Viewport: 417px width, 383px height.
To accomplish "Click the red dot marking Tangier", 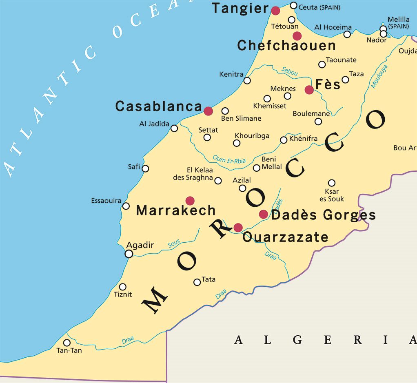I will coord(276,10).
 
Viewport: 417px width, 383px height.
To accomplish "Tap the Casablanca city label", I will coord(159,106).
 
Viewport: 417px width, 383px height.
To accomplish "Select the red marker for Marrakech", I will coord(190,200).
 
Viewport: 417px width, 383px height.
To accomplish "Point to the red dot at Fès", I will coord(309,90).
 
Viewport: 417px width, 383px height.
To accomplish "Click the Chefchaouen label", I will coord(286,46).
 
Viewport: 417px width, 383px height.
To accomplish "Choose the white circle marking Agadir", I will coord(129,254).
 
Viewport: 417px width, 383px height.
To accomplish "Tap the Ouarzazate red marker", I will coord(238,227).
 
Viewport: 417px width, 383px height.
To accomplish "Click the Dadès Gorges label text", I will coord(323,215).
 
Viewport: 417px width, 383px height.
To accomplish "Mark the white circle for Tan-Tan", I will coord(67,343).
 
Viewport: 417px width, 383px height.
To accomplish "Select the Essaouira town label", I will coord(106,201).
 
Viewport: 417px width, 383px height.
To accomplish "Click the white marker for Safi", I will coord(145,168).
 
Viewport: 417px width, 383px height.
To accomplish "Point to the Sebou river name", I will coord(290,71).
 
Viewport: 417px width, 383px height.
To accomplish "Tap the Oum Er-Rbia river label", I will coord(229,159).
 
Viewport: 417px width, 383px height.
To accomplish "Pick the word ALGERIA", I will coord(325,340).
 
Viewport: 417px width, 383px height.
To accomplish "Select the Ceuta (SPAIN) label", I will coord(319,7).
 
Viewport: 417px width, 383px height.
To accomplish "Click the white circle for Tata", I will coord(197,282).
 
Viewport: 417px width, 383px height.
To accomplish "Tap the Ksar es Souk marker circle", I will coord(332,183).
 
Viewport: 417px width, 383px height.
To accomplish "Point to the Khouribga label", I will coord(252,136).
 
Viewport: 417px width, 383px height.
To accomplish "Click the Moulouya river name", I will coord(379,76).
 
